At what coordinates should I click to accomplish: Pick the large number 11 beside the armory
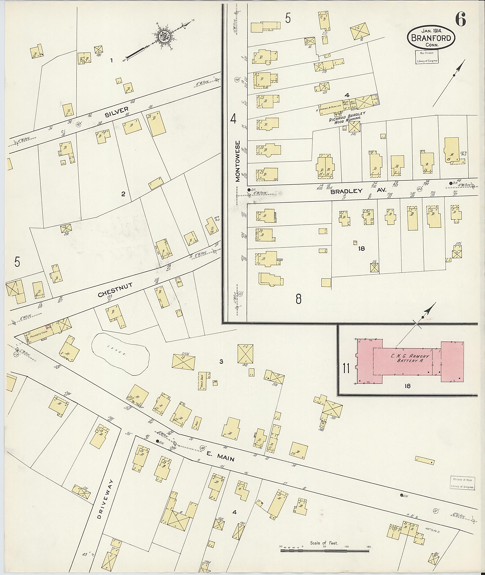coord(346,368)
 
